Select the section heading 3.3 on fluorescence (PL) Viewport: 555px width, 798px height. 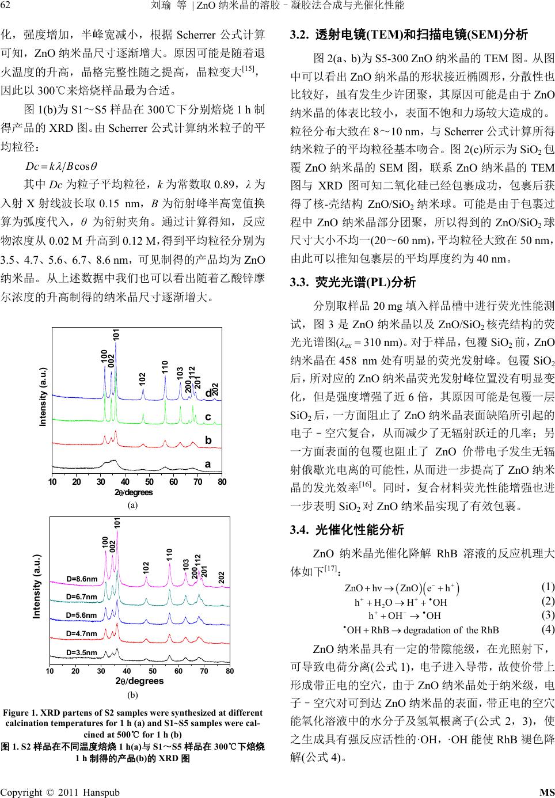click(x=353, y=283)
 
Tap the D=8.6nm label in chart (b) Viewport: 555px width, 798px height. click(x=82, y=579)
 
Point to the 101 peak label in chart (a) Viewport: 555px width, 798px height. click(x=116, y=335)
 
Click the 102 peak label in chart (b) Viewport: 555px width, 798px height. click(x=146, y=567)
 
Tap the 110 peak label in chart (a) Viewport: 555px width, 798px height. click(x=165, y=367)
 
